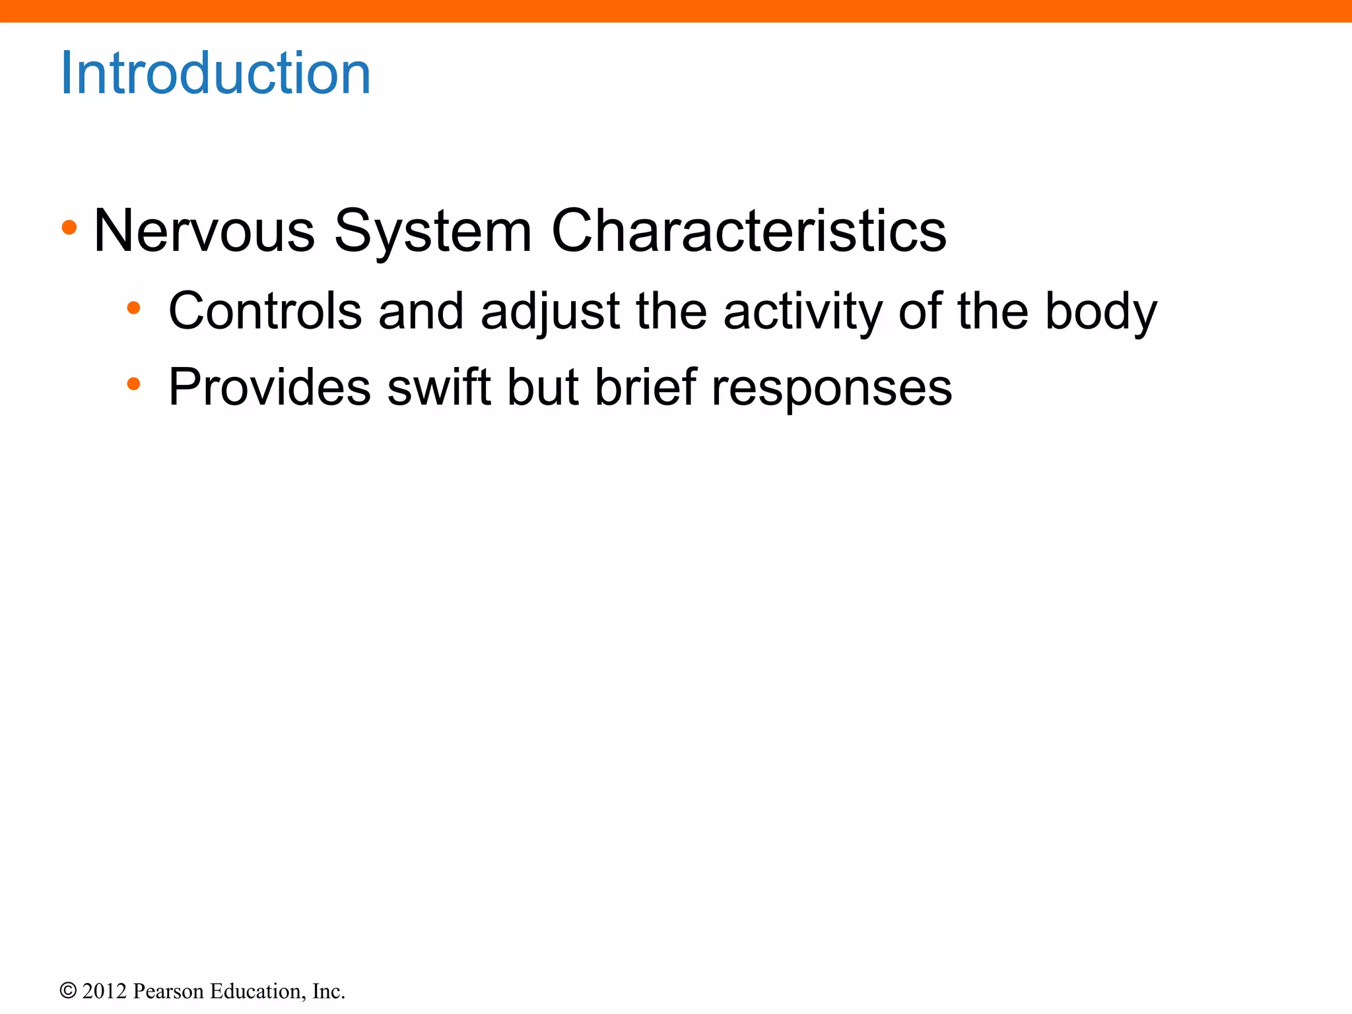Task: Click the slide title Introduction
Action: pos(215,73)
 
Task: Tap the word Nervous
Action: pos(204,230)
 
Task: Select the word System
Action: pos(432,230)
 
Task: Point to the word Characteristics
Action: pos(749,230)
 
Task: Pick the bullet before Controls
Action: pos(133,308)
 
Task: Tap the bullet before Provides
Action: pos(133,384)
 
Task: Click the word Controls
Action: pos(265,311)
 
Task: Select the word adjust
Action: pos(550,312)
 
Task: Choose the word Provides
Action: pos(269,387)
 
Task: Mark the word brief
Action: pos(646,387)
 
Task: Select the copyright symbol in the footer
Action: pos(67,991)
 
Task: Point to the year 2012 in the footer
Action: pos(104,991)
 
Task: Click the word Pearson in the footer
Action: pos(168,991)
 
